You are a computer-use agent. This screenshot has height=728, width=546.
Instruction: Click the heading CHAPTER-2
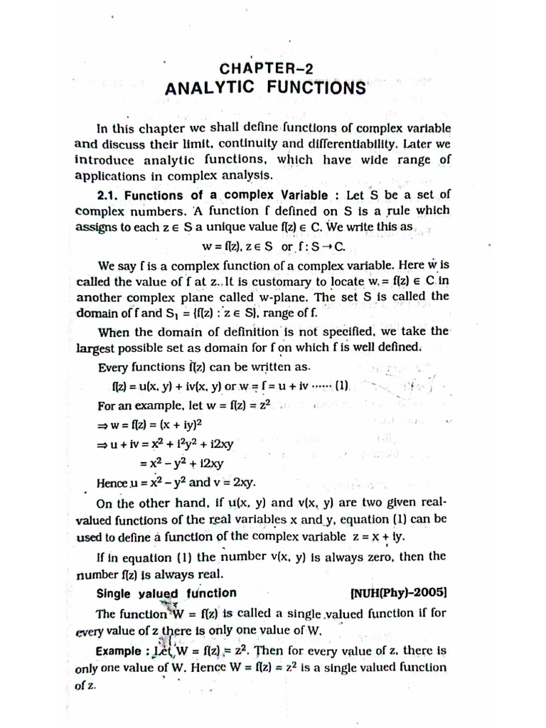tap(267, 68)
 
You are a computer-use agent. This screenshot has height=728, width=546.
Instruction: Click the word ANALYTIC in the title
tap(209, 88)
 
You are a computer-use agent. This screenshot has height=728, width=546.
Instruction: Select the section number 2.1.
tap(110, 195)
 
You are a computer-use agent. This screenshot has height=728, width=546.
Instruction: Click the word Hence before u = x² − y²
tap(112, 483)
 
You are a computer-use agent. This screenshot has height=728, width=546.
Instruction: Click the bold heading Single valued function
tap(166, 593)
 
